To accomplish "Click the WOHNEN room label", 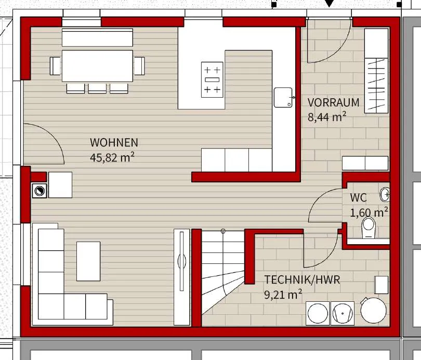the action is tap(114, 142).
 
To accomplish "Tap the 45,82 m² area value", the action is tap(112, 157).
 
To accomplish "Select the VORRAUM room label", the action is tap(333, 102).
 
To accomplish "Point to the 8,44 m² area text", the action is tap(327, 117).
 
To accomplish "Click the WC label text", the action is tap(358, 197).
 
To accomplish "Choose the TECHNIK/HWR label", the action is tap(302, 280).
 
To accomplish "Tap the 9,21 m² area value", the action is tap(283, 294).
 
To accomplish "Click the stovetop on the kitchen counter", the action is tap(212, 79).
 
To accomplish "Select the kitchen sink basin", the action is tap(283, 97).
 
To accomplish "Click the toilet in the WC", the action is tap(369, 228).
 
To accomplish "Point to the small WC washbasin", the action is tap(385, 194).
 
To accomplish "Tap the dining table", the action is tap(98, 66).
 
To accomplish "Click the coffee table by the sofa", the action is tap(88, 261).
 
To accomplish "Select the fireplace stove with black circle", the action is tap(40, 191).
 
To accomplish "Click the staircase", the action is tap(223, 271).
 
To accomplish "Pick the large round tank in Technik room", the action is tap(373, 311).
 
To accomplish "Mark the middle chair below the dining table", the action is tap(97, 88).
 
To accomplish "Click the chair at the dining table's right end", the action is tap(139, 66).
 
